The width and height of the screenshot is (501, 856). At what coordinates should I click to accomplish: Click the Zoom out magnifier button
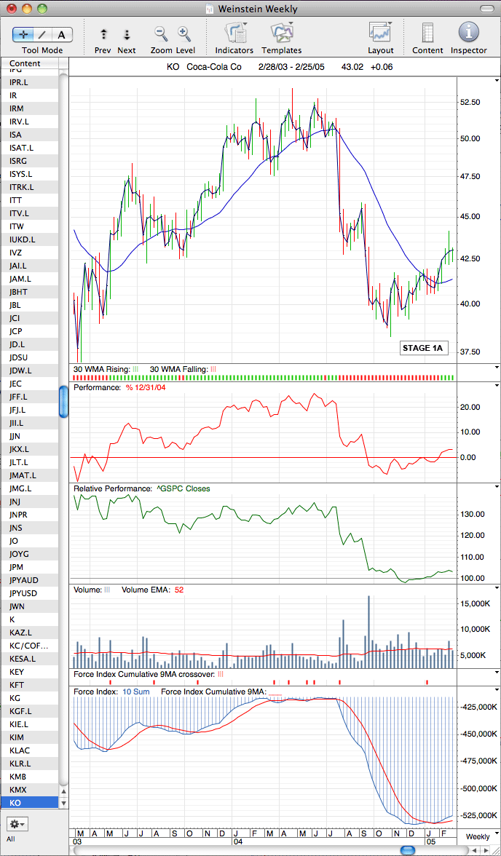point(161,33)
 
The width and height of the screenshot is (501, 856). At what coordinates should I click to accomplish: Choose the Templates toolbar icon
point(281,33)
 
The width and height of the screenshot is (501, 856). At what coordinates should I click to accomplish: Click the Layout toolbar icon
point(381,33)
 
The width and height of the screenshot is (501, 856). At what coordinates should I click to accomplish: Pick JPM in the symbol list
point(17,566)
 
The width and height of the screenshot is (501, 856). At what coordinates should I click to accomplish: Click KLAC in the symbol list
point(19,750)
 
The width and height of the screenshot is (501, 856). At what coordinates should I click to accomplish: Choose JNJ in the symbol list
point(17,501)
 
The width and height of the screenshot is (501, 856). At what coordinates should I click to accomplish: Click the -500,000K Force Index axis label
point(478,788)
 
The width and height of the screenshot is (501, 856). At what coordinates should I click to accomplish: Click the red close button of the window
point(11,8)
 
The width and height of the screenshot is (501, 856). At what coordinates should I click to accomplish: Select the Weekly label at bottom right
point(477,836)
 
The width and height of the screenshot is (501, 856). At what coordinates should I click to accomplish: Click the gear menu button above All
point(17,823)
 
